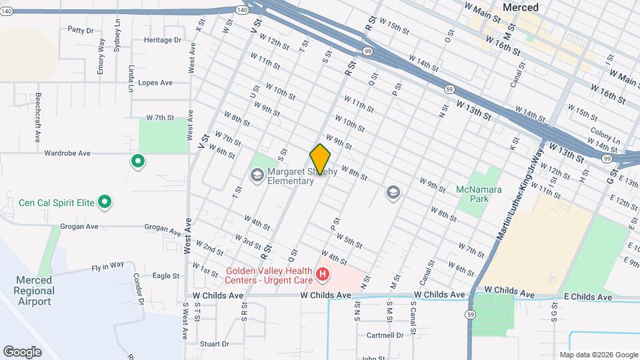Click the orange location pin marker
[x=320, y=159]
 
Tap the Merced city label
[x=520, y=7]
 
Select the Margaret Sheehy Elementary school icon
[x=256, y=175]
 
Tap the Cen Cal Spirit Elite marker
[x=105, y=201]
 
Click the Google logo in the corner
[x=21, y=351]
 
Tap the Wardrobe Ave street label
[x=67, y=153]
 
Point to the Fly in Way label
[x=108, y=265]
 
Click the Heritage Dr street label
[x=163, y=40]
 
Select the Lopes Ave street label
[x=155, y=83]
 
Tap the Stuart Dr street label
[x=214, y=344]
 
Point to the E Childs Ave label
[x=587, y=297]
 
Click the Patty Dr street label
[x=81, y=30]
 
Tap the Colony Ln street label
[x=605, y=133]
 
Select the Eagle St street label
[x=166, y=275]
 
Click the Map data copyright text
[x=597, y=355]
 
